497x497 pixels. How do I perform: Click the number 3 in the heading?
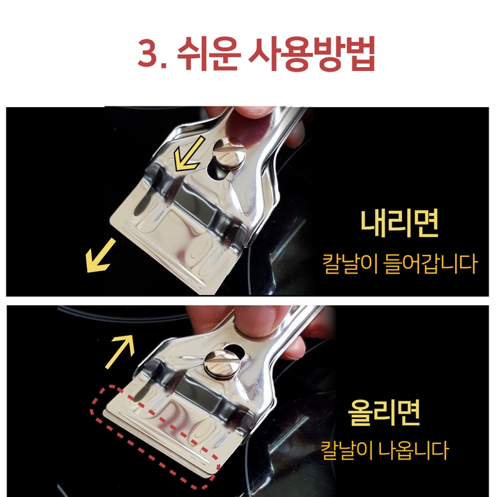tap(148, 53)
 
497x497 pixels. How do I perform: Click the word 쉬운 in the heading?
tap(208, 53)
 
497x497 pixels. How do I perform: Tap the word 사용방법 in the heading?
tap(312, 53)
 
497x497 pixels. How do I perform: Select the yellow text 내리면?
tap(399, 223)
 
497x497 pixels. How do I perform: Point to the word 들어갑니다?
tap(430, 264)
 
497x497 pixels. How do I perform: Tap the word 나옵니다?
tap(413, 450)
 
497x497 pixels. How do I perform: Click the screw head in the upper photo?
tap(229, 153)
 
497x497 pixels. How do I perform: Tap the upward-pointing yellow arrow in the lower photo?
tap(120, 351)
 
